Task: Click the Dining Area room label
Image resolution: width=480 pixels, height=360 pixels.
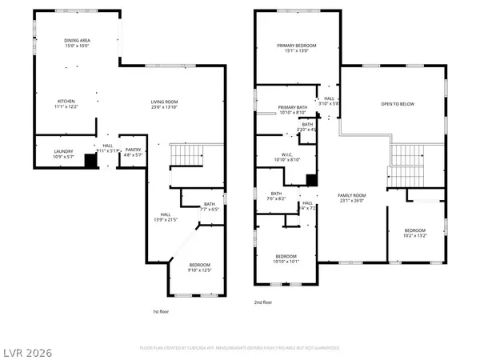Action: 77,42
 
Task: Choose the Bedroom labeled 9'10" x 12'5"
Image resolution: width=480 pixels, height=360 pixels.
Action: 200,267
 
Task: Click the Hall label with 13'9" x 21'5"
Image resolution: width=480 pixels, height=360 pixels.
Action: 166,216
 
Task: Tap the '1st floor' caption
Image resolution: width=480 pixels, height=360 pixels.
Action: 161,312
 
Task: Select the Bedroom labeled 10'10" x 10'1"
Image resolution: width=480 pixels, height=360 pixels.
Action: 286,258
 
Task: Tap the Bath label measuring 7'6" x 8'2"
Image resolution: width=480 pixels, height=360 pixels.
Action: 277,196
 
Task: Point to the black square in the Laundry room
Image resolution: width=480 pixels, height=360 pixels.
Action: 90,161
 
